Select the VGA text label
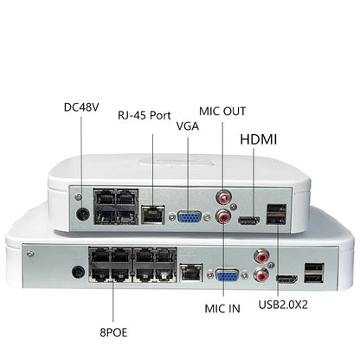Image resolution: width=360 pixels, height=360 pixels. point(188,125)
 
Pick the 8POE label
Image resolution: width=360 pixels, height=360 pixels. point(110,330)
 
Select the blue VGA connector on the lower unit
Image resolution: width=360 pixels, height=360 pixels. point(228,277)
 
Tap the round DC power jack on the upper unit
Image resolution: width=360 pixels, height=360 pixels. point(84,214)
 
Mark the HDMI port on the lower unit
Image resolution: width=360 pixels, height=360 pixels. point(286,280)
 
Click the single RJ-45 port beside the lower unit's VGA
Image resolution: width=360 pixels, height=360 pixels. point(194,272)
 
